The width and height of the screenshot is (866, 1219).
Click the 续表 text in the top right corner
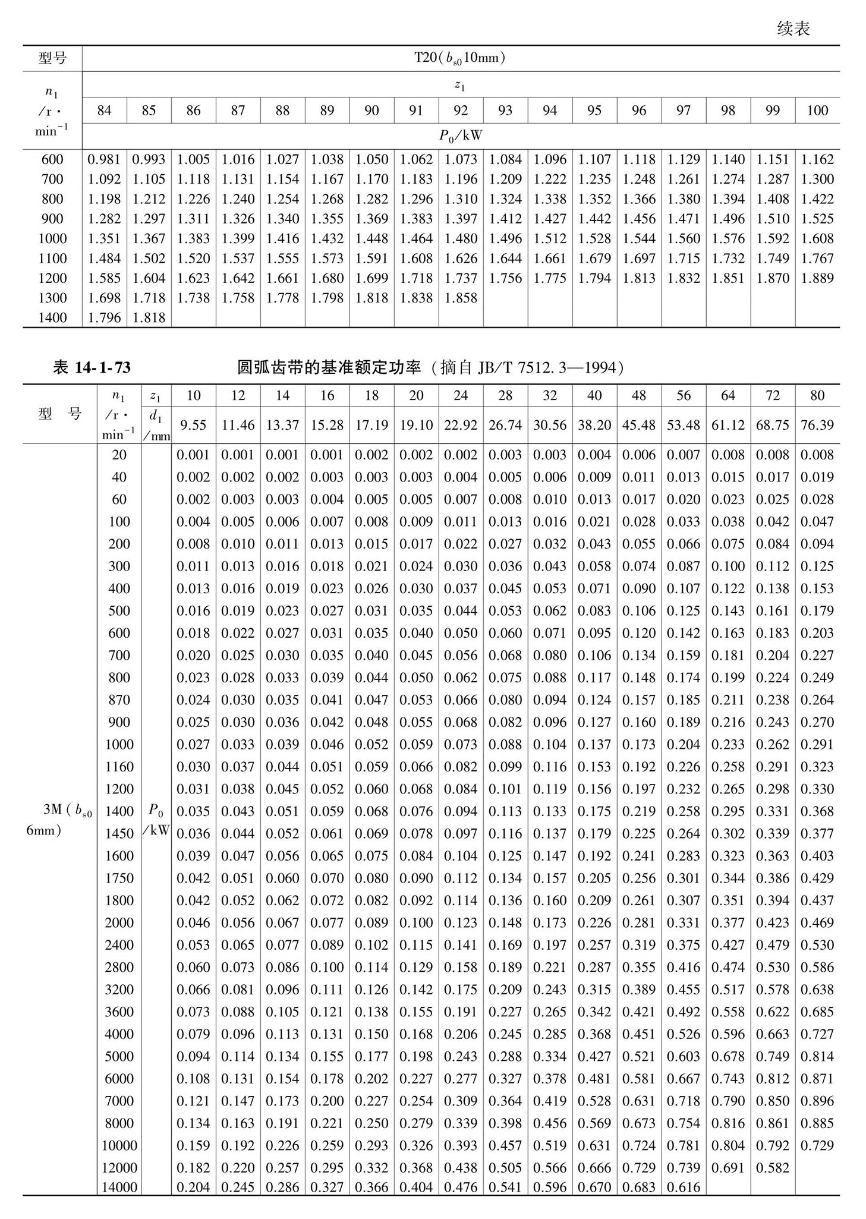(x=793, y=29)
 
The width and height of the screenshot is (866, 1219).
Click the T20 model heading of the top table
(x=460, y=58)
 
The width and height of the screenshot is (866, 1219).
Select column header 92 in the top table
(x=461, y=111)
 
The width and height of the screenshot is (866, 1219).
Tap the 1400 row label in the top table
(x=52, y=317)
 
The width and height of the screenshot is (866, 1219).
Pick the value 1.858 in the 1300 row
(x=461, y=298)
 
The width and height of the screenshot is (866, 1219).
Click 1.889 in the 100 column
(x=817, y=278)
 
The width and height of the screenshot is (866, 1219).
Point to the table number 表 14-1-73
(x=92, y=368)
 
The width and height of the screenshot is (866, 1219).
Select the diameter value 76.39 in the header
(x=817, y=425)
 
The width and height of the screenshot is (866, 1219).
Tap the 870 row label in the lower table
(x=119, y=700)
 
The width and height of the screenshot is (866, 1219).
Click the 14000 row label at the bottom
(x=119, y=1187)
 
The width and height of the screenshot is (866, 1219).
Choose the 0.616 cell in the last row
(x=684, y=1187)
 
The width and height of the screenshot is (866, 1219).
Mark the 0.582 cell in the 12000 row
(x=773, y=1167)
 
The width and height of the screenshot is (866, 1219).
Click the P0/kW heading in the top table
(x=461, y=136)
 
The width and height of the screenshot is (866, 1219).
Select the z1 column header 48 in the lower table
(x=639, y=396)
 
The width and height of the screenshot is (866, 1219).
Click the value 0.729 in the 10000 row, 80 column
(x=817, y=1145)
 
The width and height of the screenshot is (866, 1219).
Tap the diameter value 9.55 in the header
(x=193, y=425)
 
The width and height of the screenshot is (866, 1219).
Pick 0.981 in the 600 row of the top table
(x=104, y=159)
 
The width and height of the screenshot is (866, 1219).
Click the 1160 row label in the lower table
(x=119, y=767)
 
